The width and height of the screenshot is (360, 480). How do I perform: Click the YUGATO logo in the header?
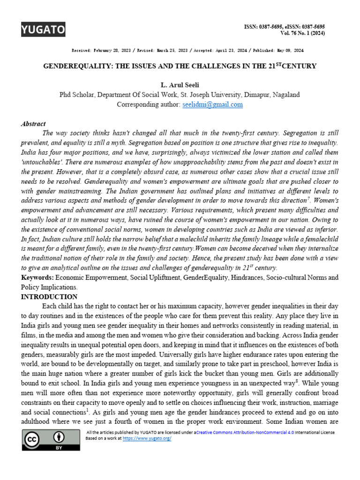tap(43, 30)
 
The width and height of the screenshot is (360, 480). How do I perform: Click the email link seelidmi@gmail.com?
tap(212, 105)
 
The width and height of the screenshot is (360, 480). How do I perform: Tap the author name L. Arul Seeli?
tap(180, 85)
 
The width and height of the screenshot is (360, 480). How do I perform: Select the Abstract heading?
tap(33, 124)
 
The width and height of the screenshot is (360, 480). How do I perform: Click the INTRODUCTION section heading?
tap(49, 297)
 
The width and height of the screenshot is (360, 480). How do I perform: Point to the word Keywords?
tap(37, 277)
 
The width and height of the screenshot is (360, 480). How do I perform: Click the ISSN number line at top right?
tap(285, 27)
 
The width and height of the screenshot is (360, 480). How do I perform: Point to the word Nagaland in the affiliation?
tap(284, 95)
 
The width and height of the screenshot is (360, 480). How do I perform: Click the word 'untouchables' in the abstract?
tap(42, 162)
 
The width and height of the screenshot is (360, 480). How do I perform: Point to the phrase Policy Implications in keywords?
tap(49, 287)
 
